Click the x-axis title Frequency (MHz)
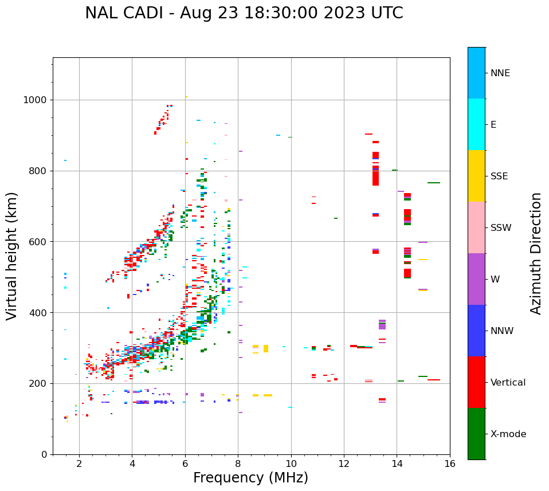click(x=250, y=478)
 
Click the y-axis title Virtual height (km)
click(x=12, y=256)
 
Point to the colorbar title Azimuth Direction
click(x=536, y=253)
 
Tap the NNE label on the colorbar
click(x=500, y=73)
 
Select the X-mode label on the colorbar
click(x=508, y=434)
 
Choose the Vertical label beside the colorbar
click(x=508, y=383)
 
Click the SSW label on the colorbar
click(x=501, y=228)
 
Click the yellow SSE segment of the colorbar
click(x=476, y=176)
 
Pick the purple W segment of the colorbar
click(x=476, y=279)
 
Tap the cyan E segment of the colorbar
click(x=476, y=124)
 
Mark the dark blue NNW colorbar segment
click(x=476, y=331)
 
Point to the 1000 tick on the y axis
click(x=35, y=100)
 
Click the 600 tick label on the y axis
click(x=38, y=242)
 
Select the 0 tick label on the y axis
click(x=44, y=454)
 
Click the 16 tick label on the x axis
click(x=450, y=463)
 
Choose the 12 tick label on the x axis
click(x=344, y=463)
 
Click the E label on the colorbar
click(x=493, y=125)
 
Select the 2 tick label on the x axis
click(x=79, y=463)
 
